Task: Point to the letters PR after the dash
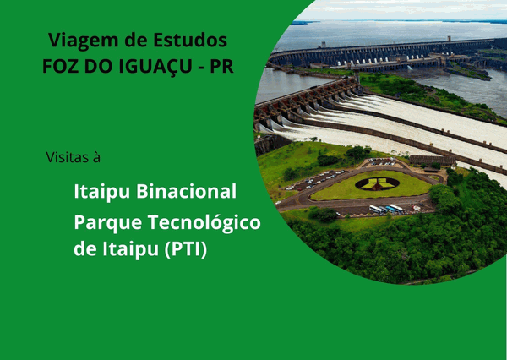click(x=220, y=68)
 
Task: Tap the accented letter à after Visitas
click(x=96, y=156)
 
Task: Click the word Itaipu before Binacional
click(x=101, y=190)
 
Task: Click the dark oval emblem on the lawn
click(x=377, y=183)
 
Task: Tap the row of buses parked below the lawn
click(x=386, y=209)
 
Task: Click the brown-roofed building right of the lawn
click(x=432, y=160)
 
